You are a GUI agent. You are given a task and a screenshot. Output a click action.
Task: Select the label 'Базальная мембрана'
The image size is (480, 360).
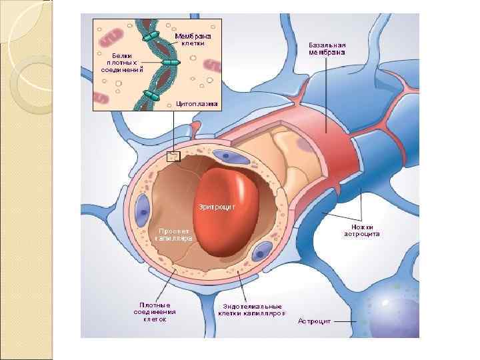click(327, 49)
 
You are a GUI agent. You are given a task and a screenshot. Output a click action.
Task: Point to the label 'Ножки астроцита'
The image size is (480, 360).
click(362, 230)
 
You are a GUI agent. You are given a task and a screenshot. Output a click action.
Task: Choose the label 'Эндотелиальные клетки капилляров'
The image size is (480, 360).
click(251, 309)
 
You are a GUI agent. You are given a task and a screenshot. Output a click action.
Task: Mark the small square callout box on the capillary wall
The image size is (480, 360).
click(173, 156)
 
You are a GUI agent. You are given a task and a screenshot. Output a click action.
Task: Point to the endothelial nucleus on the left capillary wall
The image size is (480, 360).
click(142, 209)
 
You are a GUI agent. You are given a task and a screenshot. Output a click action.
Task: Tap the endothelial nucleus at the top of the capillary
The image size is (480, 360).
click(234, 157)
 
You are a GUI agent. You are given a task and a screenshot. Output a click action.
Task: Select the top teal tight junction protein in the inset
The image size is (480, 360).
click(153, 35)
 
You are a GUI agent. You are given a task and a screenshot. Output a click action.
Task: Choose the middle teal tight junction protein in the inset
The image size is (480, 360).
click(171, 63)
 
